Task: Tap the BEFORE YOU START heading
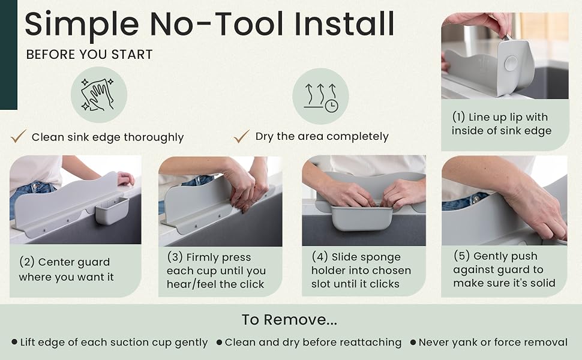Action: pyautogui.click(x=89, y=55)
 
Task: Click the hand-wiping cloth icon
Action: pyautogui.click(x=99, y=95)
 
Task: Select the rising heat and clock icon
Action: pyautogui.click(x=320, y=96)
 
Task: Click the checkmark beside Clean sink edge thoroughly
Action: pyautogui.click(x=19, y=136)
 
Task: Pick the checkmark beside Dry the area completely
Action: pyautogui.click(x=242, y=136)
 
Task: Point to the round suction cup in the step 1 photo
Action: pyautogui.click(x=511, y=64)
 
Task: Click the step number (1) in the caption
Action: pyautogui.click(x=458, y=117)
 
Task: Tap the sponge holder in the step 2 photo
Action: pyautogui.click(x=112, y=211)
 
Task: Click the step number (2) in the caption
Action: pyautogui.click(x=27, y=262)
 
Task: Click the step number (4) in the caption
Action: pyautogui.click(x=320, y=256)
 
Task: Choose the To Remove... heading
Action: pyautogui.click(x=290, y=320)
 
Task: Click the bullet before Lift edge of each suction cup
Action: pyautogui.click(x=14, y=342)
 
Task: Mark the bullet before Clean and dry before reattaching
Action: pyautogui.click(x=220, y=342)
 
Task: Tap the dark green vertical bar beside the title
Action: pyautogui.click(x=8, y=55)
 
